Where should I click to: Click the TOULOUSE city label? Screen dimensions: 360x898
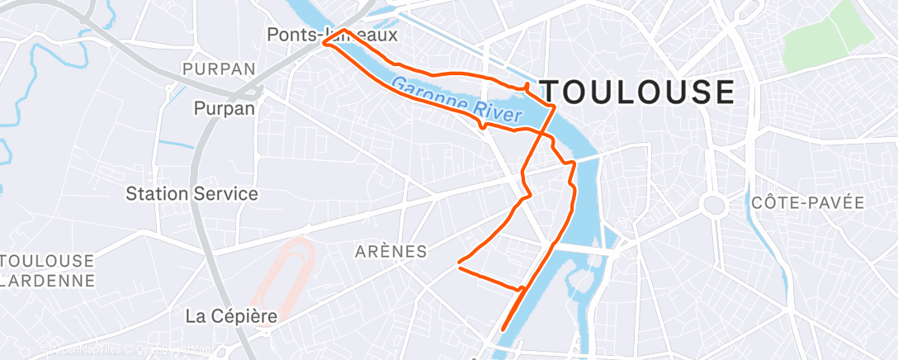(x=636, y=92)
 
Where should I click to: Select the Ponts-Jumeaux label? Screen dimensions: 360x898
(x=333, y=36)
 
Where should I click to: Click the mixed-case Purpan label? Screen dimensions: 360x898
(x=224, y=107)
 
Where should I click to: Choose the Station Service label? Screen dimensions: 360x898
(x=191, y=194)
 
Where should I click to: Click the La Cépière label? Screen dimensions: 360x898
(x=230, y=315)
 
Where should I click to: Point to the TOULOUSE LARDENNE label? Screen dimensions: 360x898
(x=47, y=270)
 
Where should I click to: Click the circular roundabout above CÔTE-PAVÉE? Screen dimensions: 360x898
(x=711, y=203)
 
